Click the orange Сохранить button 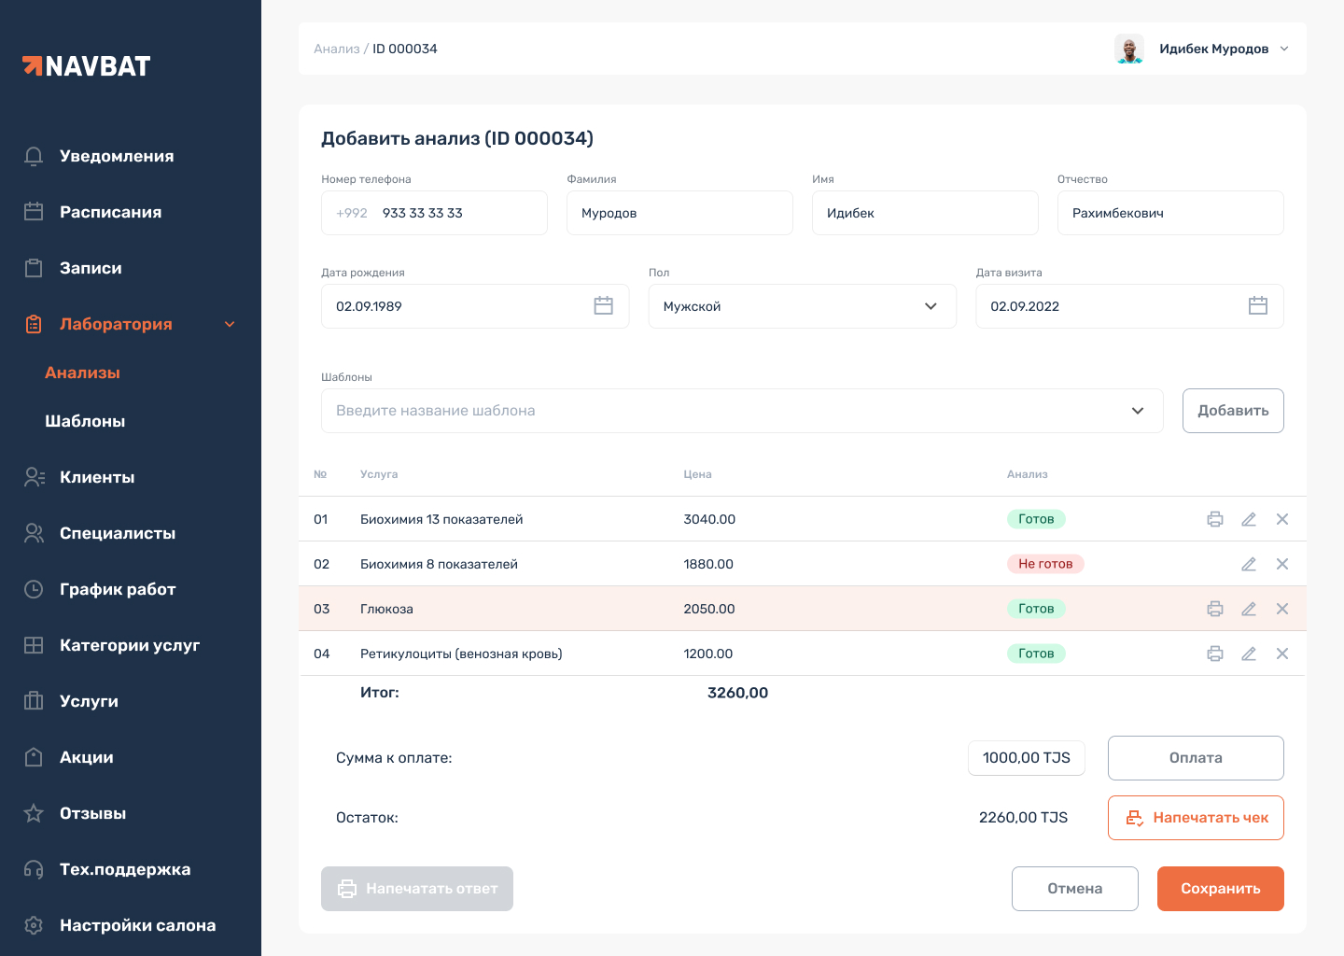(x=1220, y=889)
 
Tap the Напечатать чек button (x=1196, y=818)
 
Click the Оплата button (x=1196, y=758)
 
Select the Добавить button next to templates (x=1233, y=411)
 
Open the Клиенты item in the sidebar (x=97, y=477)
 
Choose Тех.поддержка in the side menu (x=125, y=869)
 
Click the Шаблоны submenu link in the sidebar (x=85, y=421)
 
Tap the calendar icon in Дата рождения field (x=604, y=306)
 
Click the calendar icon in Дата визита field (x=1258, y=306)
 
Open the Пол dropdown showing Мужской (x=802, y=306)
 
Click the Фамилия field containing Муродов (x=679, y=213)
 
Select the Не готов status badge (x=1045, y=564)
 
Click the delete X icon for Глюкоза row (x=1282, y=609)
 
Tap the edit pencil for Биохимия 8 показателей (x=1249, y=564)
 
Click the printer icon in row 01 (x=1215, y=519)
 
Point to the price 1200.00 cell (x=708, y=654)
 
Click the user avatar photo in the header (x=1129, y=49)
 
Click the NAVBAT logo (x=87, y=66)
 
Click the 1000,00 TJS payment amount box (x=1027, y=758)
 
